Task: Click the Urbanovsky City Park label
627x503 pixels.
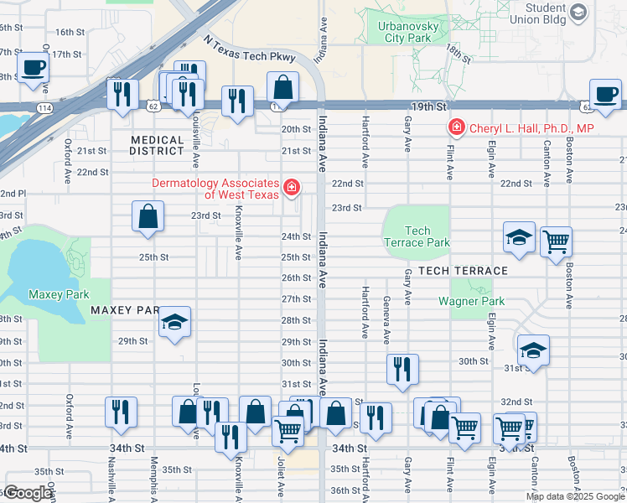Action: point(403,32)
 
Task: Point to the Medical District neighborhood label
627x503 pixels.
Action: point(157,146)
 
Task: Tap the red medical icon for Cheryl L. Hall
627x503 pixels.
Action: point(456,128)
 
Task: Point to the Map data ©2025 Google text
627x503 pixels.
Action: point(575,496)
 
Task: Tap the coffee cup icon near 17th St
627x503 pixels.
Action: point(34,68)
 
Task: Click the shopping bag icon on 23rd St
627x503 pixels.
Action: point(148,216)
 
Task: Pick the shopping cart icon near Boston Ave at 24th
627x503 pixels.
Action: point(556,242)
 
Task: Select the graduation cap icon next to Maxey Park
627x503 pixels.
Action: point(175,323)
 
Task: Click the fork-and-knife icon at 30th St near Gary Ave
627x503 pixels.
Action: point(402,368)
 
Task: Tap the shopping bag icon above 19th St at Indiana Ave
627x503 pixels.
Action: point(283,87)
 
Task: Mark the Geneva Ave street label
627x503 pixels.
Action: point(386,319)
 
